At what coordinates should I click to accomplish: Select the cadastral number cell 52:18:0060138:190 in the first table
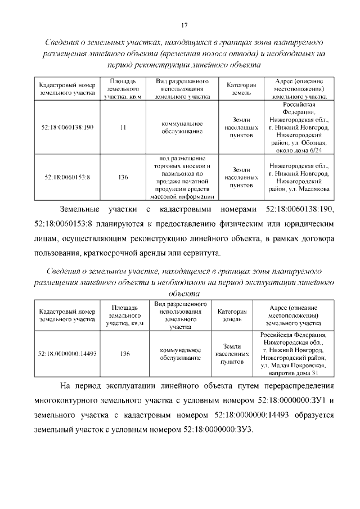pyautogui.click(x=67, y=127)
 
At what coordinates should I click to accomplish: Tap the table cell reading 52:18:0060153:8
pyautogui.click(x=67, y=177)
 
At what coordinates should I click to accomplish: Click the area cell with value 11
pyautogui.click(x=123, y=127)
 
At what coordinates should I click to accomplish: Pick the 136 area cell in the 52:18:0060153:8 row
pyautogui.click(x=123, y=177)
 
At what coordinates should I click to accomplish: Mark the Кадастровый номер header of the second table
pyautogui.click(x=67, y=315)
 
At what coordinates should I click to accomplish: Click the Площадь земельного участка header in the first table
pyautogui.click(x=123, y=89)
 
